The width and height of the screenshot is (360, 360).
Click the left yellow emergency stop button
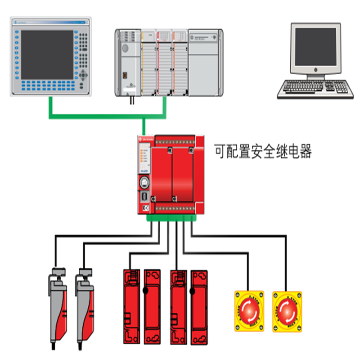[x=248, y=310]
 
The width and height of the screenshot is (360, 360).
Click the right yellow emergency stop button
[x=287, y=310]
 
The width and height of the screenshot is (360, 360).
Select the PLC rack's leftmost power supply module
[x=128, y=63]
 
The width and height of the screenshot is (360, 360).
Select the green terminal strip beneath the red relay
[x=171, y=218]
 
